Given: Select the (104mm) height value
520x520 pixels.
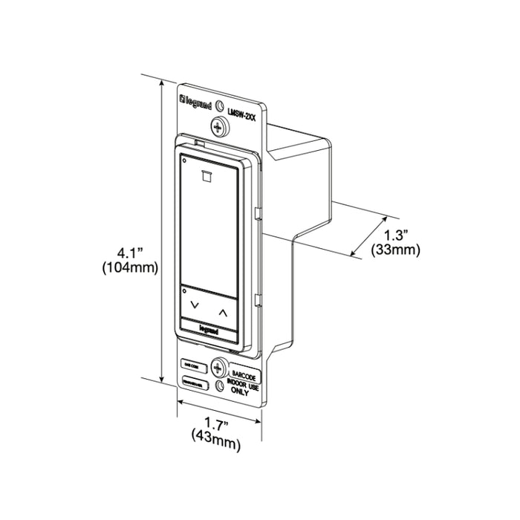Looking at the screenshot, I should click(129, 270).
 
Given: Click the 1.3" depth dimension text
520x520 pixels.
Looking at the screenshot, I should click(396, 237).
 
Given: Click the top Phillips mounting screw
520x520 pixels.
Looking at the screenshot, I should click(219, 126).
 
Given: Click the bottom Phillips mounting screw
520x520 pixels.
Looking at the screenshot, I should click(218, 366).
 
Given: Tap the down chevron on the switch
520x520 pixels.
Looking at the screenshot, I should click(195, 305).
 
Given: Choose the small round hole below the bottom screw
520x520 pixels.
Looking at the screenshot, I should click(218, 386).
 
